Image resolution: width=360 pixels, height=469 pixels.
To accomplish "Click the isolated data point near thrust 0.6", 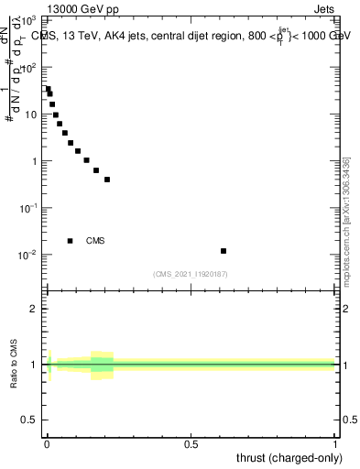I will coord(224,251).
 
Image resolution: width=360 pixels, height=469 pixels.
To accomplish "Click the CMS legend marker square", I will coord(71,241).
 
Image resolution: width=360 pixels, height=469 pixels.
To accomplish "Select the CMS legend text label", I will coord(95,241).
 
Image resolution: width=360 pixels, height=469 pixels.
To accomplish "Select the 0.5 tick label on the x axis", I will coord(191,445).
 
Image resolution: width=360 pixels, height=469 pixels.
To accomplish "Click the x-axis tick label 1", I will coord(335,445).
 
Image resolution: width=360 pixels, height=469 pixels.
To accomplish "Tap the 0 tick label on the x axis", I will coord(47,445).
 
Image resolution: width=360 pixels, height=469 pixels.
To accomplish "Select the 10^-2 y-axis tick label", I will coord(27,255).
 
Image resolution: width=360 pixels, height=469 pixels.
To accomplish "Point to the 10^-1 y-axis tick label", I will coord(27,208).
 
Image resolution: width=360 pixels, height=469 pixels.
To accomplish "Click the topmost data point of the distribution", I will coord(48,89).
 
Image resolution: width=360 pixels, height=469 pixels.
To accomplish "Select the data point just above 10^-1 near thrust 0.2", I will coord(107,180).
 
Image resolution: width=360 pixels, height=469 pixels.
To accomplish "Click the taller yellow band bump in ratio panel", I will coord(102,364).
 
